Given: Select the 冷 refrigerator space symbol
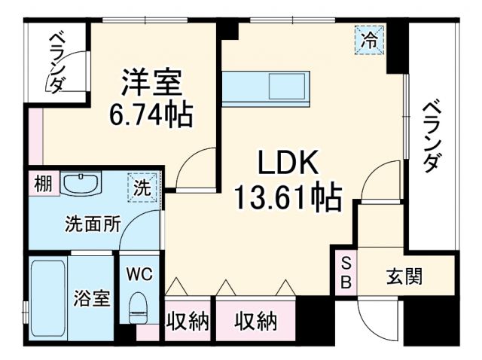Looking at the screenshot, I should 370,37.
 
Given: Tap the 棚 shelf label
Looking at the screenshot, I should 43,184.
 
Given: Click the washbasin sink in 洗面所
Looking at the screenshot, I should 80,184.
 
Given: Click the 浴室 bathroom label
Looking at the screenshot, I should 93,298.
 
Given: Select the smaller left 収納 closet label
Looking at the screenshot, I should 188,322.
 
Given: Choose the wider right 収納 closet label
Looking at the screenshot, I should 255,322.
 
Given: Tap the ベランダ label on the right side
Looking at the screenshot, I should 431,136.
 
